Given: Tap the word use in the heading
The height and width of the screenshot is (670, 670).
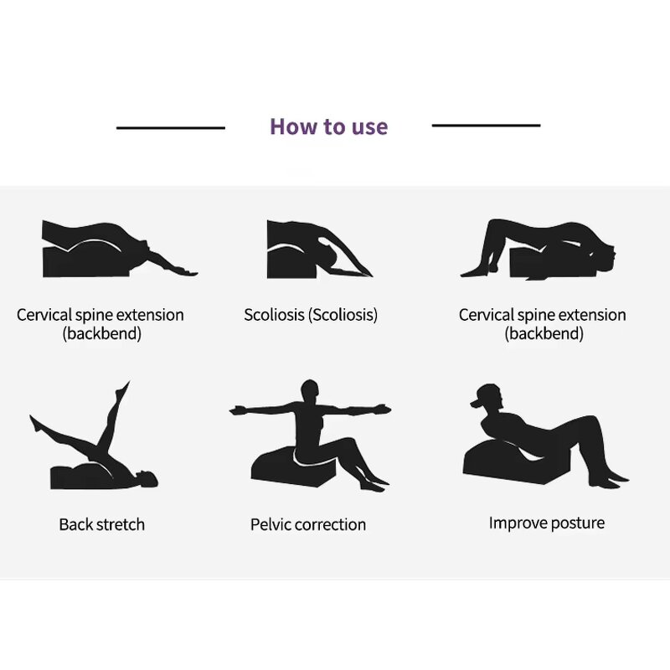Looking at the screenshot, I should (x=370, y=127).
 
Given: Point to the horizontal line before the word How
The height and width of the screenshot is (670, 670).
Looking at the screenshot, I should (x=171, y=128).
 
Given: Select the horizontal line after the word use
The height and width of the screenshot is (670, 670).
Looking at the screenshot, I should (x=486, y=126).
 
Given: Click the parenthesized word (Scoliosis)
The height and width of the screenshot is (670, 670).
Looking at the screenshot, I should (x=343, y=315).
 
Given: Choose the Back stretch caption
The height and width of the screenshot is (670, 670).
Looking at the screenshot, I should (x=101, y=524).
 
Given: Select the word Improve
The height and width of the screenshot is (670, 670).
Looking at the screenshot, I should (x=517, y=523).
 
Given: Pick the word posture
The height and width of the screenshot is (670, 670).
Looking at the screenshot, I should (x=577, y=523).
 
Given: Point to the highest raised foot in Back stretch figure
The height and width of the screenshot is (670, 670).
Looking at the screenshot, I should (x=125, y=386).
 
